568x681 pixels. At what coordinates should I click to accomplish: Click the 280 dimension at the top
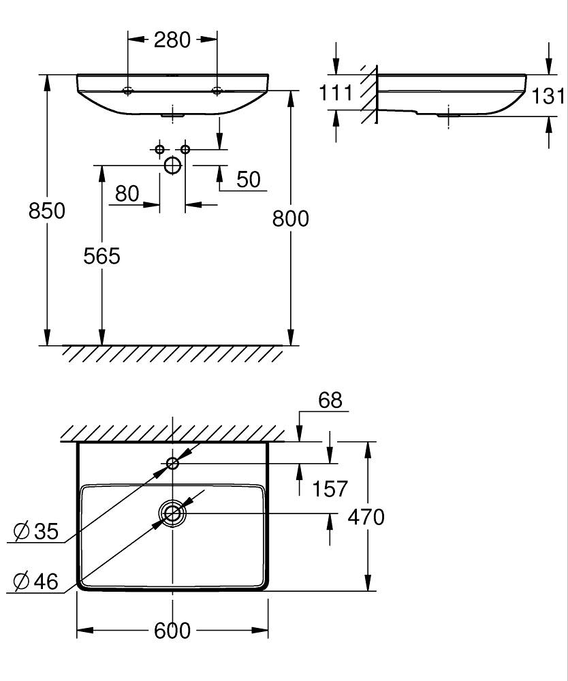(x=172, y=40)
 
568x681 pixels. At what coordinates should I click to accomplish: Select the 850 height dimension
(x=47, y=210)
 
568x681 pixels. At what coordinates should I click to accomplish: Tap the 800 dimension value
(x=291, y=219)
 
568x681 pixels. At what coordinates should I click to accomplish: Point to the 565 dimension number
(x=101, y=256)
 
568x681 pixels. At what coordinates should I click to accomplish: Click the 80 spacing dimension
(x=127, y=193)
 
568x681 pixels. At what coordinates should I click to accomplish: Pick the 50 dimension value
(x=249, y=179)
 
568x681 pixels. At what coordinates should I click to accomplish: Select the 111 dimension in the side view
(x=336, y=93)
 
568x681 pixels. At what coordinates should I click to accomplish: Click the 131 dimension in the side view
(x=549, y=96)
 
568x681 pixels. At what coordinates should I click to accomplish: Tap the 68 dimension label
(x=330, y=400)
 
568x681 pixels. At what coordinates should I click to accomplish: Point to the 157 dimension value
(x=330, y=488)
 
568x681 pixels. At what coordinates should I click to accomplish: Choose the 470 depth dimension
(x=366, y=517)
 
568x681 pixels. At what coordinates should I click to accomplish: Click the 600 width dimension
(x=172, y=631)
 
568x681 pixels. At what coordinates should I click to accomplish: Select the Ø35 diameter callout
(x=36, y=530)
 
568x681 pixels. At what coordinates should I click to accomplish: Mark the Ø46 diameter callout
(x=36, y=581)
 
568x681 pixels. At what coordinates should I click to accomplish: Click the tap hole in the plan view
(x=173, y=463)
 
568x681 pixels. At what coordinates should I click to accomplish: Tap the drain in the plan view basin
(x=173, y=513)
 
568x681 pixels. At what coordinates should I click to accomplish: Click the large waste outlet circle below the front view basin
(x=173, y=165)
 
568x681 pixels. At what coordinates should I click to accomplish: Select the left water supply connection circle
(x=160, y=149)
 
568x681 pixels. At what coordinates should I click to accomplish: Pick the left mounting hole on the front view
(x=127, y=91)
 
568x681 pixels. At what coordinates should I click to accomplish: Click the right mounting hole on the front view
(x=217, y=91)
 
